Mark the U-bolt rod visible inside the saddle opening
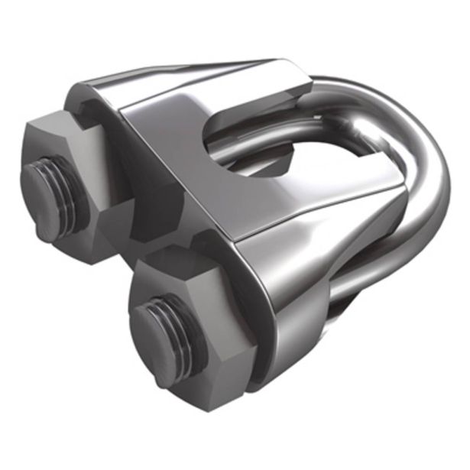click(x=260, y=145)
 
